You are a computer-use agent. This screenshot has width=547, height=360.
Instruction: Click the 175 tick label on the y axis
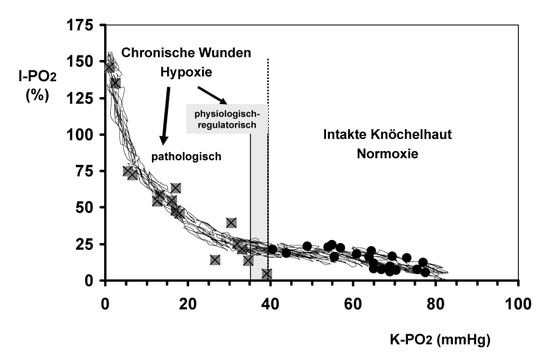click(84, 26)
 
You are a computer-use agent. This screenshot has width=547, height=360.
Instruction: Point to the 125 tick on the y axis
click(84, 98)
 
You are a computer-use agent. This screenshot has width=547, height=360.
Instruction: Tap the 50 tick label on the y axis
click(88, 207)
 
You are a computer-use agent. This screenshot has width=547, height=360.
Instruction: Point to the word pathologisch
click(186, 157)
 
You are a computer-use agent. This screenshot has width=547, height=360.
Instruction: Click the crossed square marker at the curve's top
click(109, 68)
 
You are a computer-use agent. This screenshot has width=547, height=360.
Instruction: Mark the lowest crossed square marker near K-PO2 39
click(267, 273)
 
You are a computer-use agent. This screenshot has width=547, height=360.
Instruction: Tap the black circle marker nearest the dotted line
click(272, 249)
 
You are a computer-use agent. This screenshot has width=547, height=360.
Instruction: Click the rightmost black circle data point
click(425, 271)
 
